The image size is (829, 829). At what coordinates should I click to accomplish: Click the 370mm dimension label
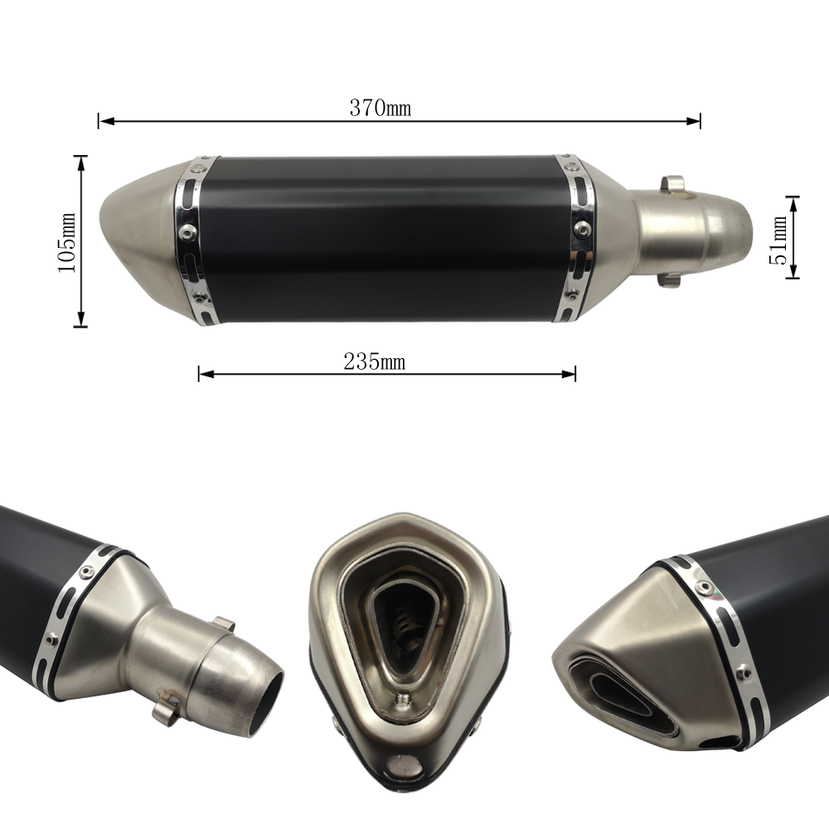click(381, 108)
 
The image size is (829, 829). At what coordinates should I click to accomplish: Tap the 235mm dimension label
click(375, 362)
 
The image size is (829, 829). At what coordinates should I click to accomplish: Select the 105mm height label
click(67, 243)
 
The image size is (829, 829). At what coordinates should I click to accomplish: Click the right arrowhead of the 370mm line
click(693, 121)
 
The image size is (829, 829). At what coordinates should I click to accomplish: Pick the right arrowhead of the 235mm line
click(569, 375)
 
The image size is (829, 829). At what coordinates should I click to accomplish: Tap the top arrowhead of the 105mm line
click(80, 163)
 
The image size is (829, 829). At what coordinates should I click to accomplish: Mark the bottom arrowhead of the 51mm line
click(793, 271)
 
